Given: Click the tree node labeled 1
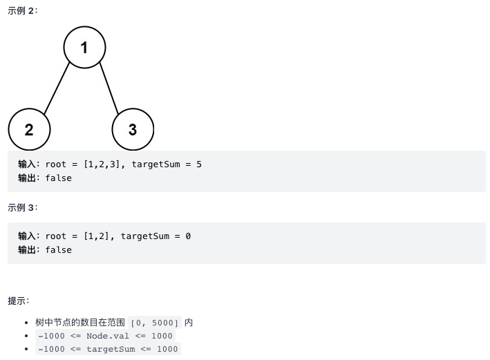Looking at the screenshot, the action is tap(84, 48).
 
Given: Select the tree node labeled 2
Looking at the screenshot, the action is tap(29, 129).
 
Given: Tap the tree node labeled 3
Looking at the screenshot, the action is tap(133, 129).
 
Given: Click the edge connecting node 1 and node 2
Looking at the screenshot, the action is tap(57, 88).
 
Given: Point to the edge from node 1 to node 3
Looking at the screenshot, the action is tap(109, 88).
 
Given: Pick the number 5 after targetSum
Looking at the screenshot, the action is tap(198, 164).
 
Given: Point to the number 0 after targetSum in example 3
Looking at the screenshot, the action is tap(188, 236).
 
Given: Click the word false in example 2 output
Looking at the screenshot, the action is tap(59, 178).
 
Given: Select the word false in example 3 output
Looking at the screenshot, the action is tap(59, 249).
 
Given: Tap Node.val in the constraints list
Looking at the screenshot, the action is tap(109, 336).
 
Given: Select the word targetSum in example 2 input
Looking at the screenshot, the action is tap(156, 164).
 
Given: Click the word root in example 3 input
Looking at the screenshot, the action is tap(56, 236).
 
